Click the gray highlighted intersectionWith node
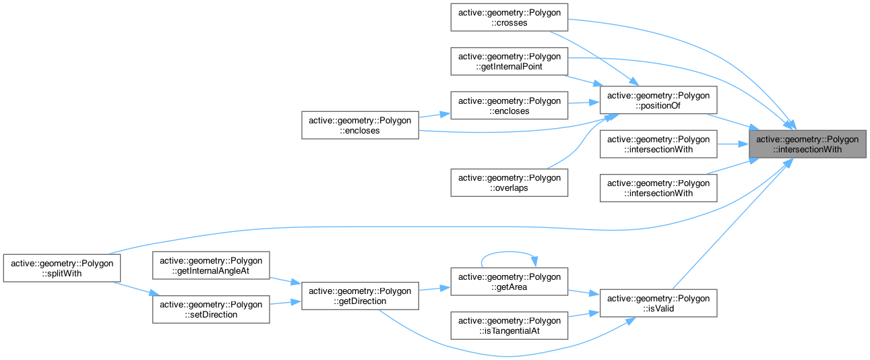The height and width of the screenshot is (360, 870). tap(807, 144)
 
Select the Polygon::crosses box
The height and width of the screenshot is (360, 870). tap(509, 18)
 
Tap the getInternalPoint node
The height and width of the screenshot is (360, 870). tap(509, 61)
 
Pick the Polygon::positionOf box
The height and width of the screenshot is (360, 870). tap(658, 100)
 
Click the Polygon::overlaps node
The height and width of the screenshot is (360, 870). tap(509, 183)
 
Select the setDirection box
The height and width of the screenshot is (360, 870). tap(211, 309)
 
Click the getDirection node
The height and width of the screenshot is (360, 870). tap(360, 296)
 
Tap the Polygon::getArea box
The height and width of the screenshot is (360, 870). tap(509, 282)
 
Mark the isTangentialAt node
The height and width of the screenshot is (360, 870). tap(509, 326)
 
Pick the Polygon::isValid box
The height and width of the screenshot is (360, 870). tap(658, 303)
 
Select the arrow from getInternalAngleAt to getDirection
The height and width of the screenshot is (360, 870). tap(286, 282)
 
